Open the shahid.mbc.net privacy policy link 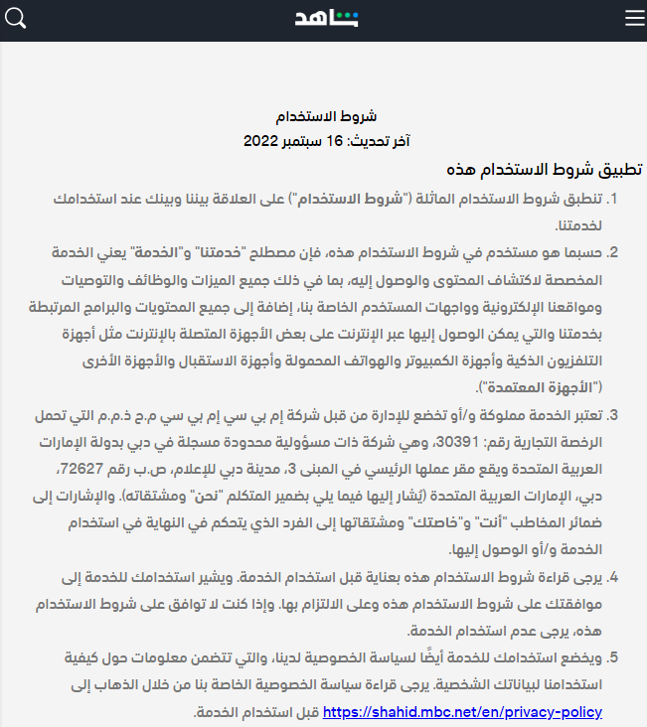tap(462, 712)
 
